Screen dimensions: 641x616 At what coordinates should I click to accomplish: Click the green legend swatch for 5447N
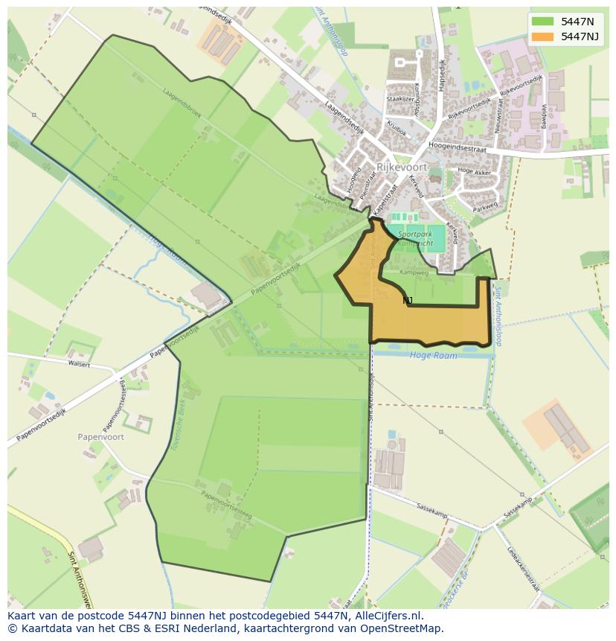[543, 22]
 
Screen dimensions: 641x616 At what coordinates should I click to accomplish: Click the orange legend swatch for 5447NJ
[543, 36]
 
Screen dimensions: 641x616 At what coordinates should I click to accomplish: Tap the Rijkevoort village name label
[402, 168]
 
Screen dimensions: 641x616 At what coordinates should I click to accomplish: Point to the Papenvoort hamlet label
[100, 437]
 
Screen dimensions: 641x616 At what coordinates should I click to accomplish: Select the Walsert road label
[79, 365]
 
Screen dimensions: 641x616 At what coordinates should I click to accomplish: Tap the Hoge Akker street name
[475, 170]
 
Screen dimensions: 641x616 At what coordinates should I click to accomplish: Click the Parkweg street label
[484, 206]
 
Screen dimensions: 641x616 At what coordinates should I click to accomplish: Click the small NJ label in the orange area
[407, 300]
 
